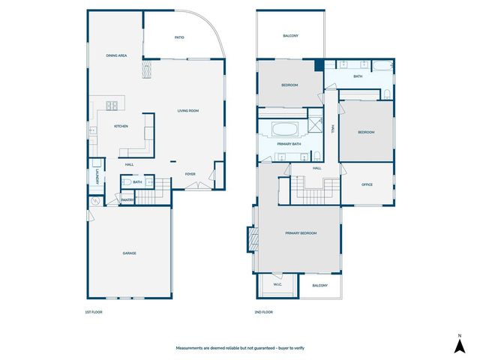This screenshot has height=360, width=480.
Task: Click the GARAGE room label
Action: pos(129,253)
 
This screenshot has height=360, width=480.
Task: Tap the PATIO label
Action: pos(179,37)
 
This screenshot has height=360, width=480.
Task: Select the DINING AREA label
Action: pos(115,55)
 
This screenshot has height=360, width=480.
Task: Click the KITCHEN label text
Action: pos(121,127)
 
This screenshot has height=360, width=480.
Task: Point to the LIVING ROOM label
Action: pos(187,111)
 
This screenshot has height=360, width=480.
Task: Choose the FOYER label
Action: pos(190,173)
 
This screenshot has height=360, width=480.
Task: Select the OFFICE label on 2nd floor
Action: pos(367,184)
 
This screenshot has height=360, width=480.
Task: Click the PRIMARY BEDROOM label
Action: pos(300,233)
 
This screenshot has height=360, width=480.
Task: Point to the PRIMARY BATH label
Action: pos(289,143)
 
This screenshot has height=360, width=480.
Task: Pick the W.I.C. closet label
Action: pos(277,284)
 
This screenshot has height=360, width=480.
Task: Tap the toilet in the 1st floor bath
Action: pos(127,182)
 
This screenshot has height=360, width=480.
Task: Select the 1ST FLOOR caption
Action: pos(94,312)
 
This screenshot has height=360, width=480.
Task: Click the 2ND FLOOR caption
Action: pos(264,312)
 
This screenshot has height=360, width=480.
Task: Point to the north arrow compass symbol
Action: pos(458,344)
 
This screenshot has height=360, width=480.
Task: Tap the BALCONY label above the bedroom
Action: pos(290,35)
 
